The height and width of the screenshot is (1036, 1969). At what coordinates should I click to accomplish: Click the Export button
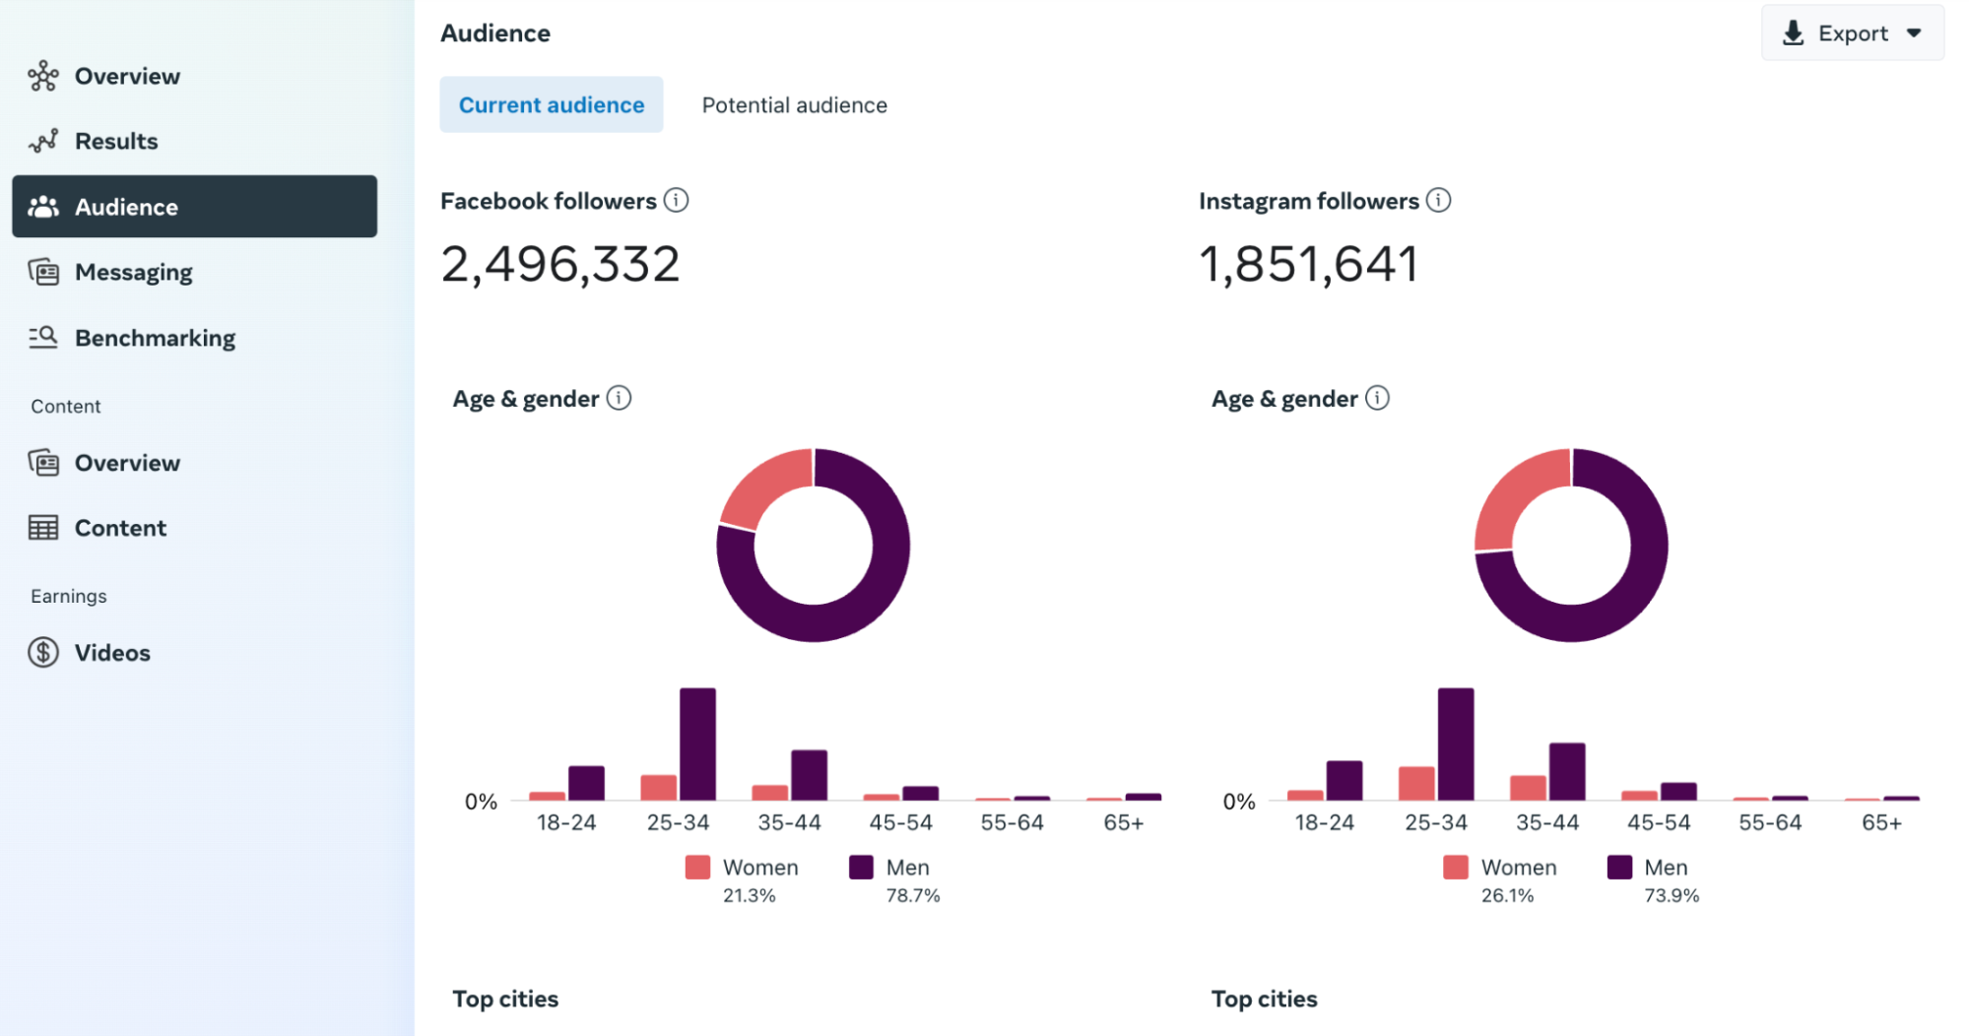pyautogui.click(x=1851, y=33)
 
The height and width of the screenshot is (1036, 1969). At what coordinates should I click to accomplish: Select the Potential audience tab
pyautogui.click(x=794, y=105)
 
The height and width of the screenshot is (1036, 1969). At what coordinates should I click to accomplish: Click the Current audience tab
pyautogui.click(x=551, y=105)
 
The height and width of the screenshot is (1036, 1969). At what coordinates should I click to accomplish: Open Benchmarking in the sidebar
pyautogui.click(x=155, y=338)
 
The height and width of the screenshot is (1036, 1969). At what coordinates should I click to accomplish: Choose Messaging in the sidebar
pyautogui.click(x=133, y=272)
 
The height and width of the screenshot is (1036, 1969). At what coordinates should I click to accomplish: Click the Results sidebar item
pyautogui.click(x=116, y=141)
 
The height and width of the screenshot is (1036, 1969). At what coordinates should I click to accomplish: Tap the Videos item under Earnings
pyautogui.click(x=112, y=653)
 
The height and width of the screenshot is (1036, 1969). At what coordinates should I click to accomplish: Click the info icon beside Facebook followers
pyautogui.click(x=676, y=200)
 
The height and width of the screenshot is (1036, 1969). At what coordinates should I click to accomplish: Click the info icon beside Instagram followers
pyautogui.click(x=1438, y=200)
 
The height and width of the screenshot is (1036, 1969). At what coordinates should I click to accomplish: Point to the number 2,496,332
pyautogui.click(x=560, y=264)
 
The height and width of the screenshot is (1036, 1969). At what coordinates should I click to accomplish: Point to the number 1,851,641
pyautogui.click(x=1309, y=264)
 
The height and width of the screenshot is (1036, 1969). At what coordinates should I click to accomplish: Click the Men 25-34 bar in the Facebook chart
pyautogui.click(x=697, y=744)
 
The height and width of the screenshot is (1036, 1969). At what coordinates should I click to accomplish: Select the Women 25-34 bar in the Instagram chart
pyautogui.click(x=1416, y=783)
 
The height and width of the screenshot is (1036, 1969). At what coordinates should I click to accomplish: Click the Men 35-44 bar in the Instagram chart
pyautogui.click(x=1566, y=771)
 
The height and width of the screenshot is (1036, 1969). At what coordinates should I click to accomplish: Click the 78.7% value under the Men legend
pyautogui.click(x=912, y=895)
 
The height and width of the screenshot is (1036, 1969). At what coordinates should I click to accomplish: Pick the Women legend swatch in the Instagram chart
pyautogui.click(x=1455, y=867)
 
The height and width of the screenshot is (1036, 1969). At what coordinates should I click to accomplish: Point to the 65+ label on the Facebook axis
pyautogui.click(x=1123, y=822)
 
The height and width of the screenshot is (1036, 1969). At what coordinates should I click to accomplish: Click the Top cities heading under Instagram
pyautogui.click(x=1264, y=999)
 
